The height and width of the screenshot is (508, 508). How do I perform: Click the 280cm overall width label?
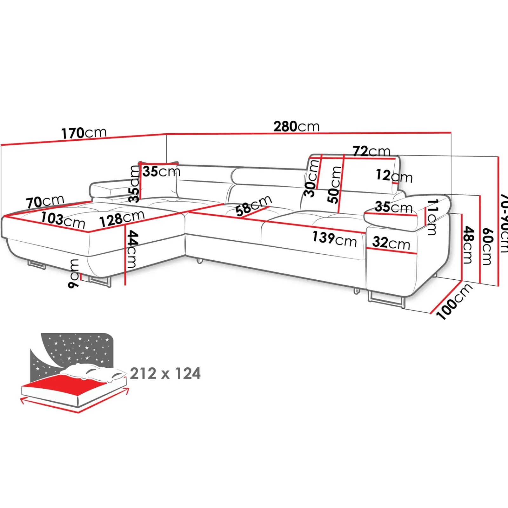[296, 127]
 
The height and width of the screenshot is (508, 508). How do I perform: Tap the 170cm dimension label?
[84, 133]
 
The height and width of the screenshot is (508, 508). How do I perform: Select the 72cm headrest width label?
[371, 151]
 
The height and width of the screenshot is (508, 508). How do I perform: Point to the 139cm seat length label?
[334, 239]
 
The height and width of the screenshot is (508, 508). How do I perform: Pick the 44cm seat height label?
[132, 249]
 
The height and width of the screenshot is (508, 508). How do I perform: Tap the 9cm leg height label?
[74, 273]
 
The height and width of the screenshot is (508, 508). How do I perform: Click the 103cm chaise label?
[63, 220]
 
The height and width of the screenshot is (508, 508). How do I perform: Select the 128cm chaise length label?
[122, 218]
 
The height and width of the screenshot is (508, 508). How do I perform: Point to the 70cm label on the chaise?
[45, 201]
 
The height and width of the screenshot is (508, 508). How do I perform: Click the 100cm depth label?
[454, 301]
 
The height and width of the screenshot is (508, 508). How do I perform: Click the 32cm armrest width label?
[391, 243]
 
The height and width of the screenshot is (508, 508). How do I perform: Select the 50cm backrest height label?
[335, 185]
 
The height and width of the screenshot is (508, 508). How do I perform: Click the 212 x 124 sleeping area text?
[165, 373]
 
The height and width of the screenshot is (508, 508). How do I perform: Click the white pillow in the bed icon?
[92, 372]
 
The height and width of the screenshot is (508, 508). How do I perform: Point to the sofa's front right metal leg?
[386, 300]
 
